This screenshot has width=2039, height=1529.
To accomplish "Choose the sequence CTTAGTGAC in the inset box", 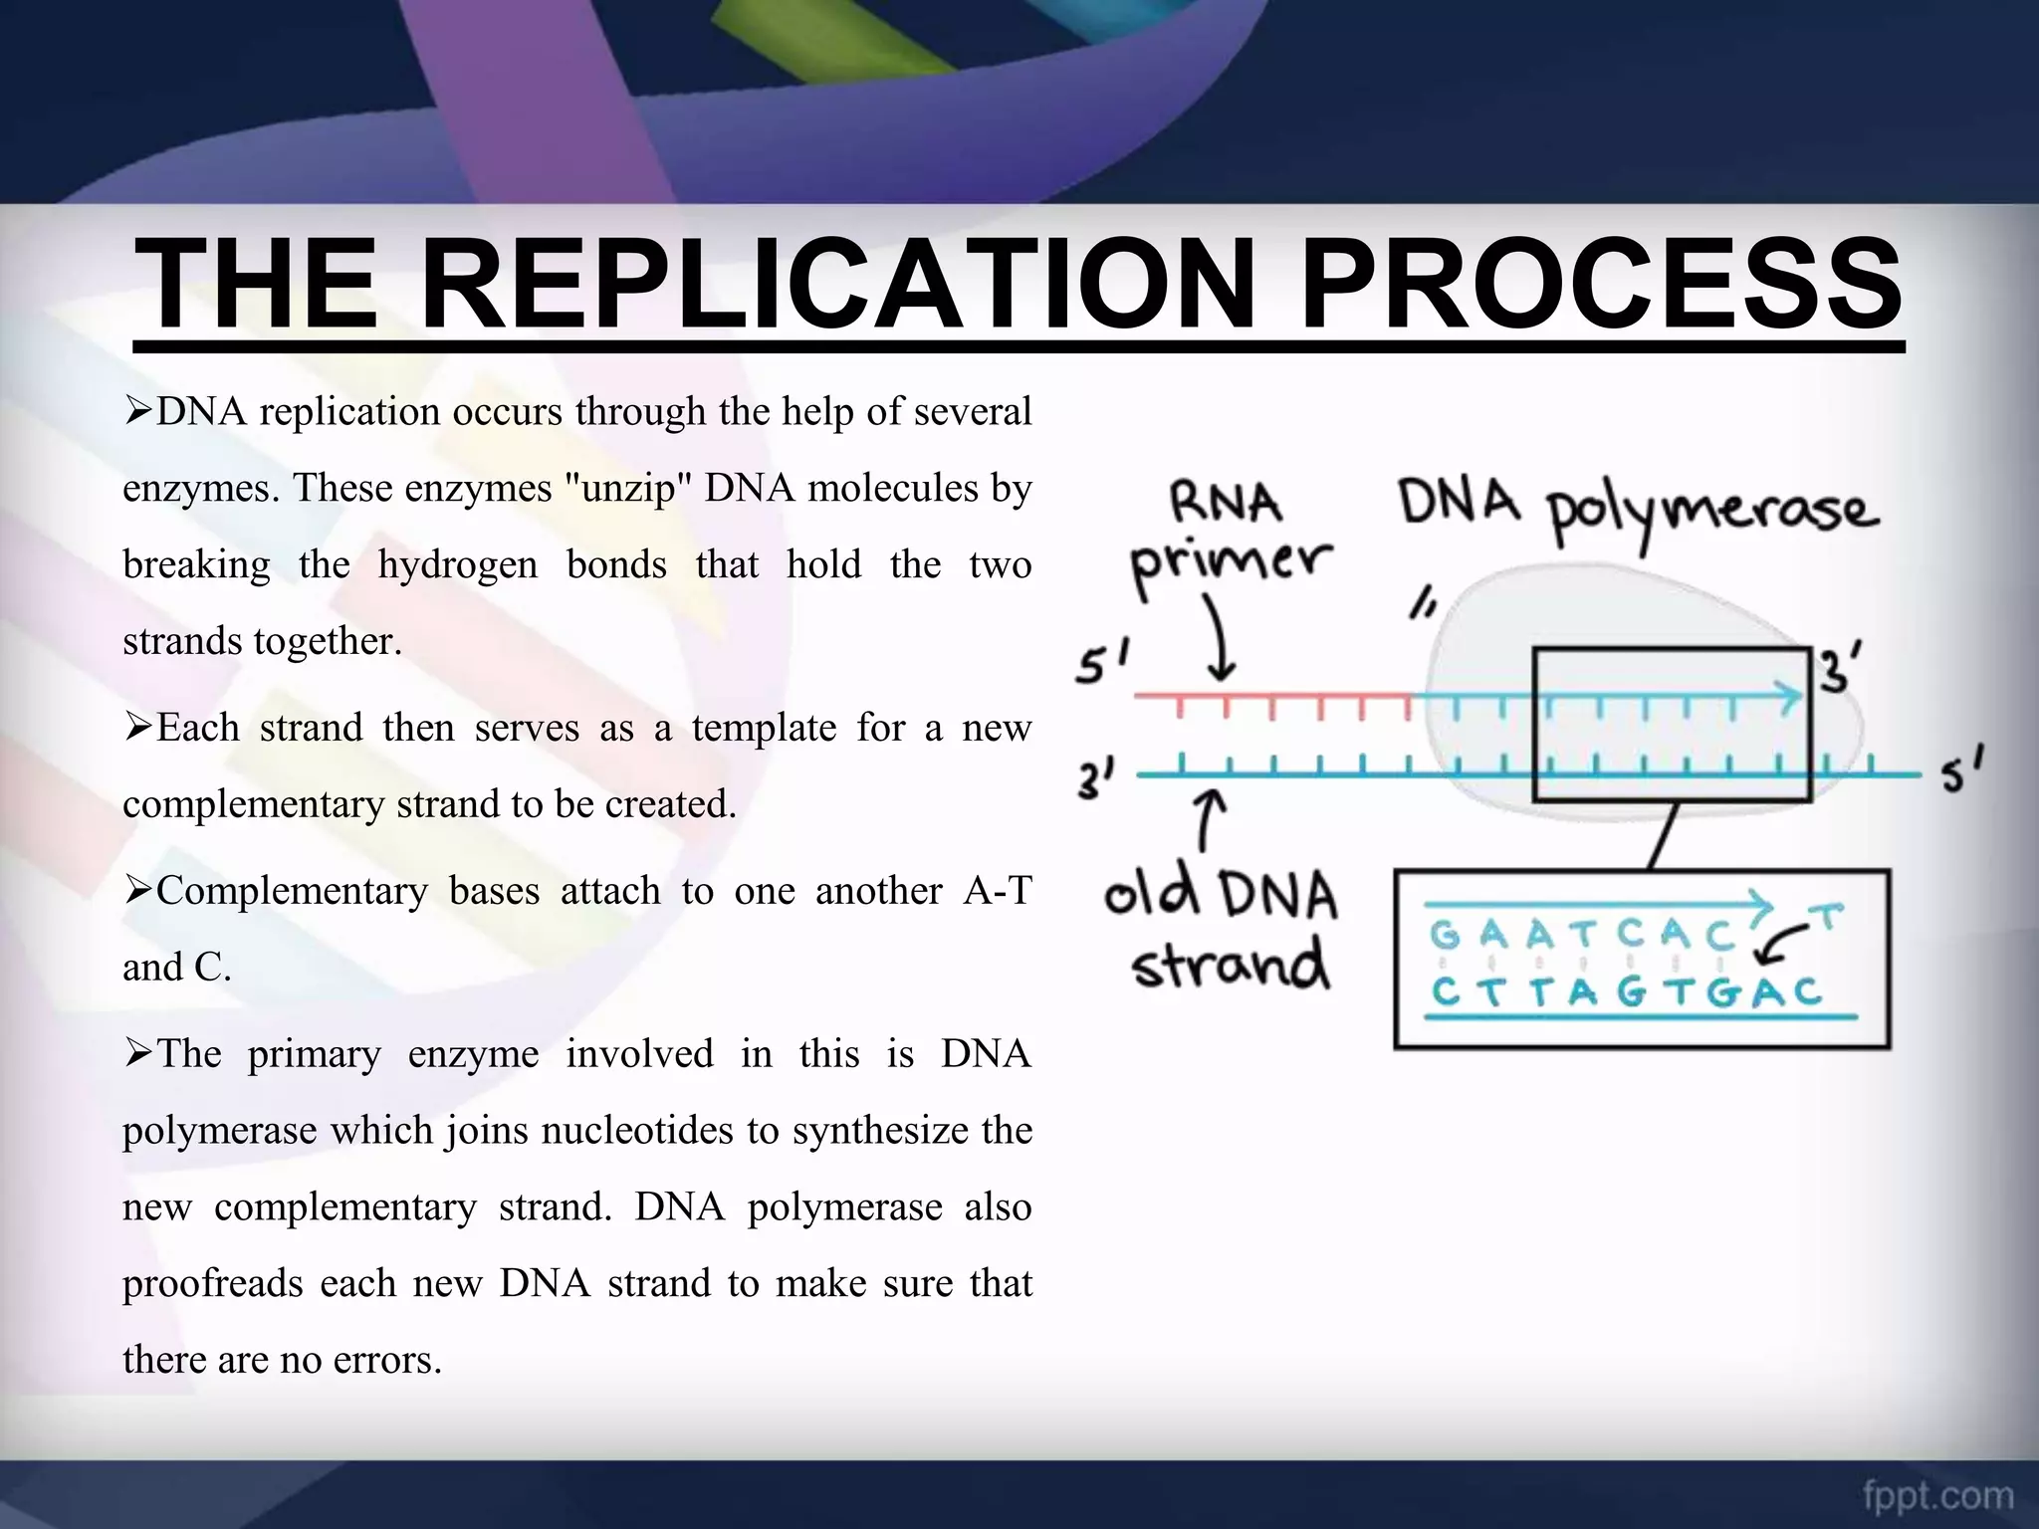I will click(1626, 992).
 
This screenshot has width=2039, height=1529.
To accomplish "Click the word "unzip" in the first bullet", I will click(621, 489).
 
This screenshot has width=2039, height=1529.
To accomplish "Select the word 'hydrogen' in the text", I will click(457, 565).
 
